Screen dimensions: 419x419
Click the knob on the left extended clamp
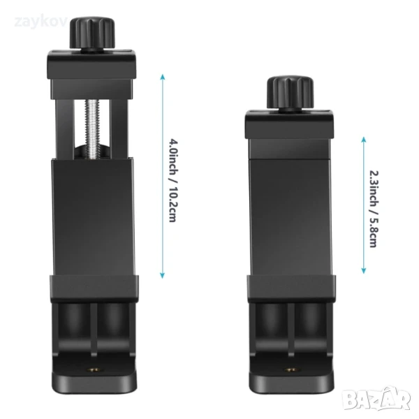(92, 33)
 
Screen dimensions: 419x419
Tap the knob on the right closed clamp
(290, 92)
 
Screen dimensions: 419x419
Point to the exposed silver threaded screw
(92, 128)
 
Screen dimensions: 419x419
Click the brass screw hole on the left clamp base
(94, 370)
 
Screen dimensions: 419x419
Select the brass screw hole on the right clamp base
(291, 370)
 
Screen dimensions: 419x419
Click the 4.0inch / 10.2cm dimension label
(173, 180)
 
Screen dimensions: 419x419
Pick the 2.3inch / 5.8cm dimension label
(374, 209)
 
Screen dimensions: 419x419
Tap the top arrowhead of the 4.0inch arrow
(163, 77)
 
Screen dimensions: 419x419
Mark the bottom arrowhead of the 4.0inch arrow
(162, 276)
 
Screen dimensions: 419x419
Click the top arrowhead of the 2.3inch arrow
(364, 140)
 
